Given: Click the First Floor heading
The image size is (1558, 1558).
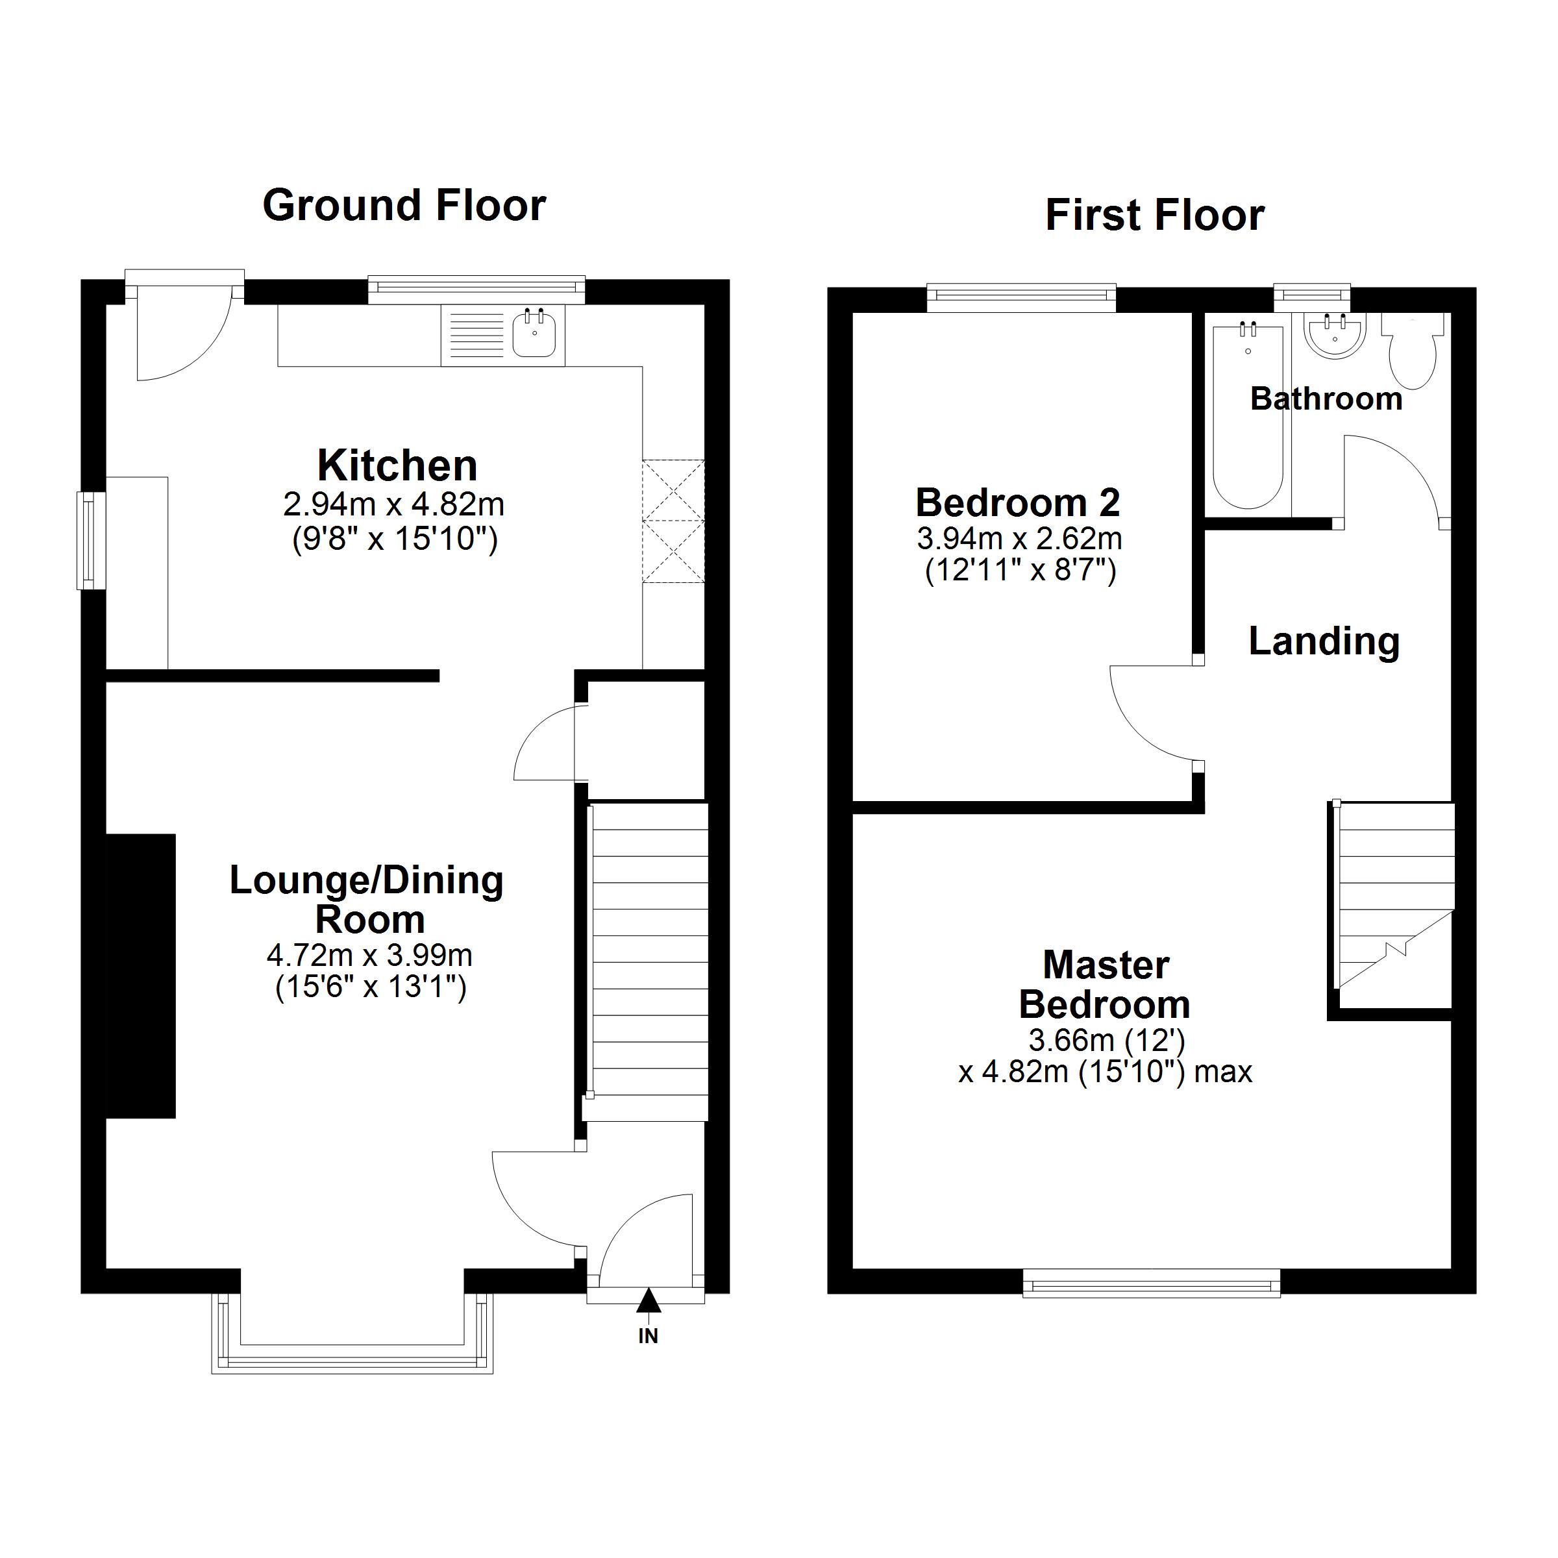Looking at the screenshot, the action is tap(1155, 216).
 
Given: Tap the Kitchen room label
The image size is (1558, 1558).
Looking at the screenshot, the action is tap(397, 465).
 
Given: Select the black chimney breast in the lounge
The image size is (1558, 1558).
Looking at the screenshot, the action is tap(141, 976).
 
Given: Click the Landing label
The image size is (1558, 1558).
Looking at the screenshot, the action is tap(1324, 642).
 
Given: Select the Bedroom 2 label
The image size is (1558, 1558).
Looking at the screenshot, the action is tap(1018, 503).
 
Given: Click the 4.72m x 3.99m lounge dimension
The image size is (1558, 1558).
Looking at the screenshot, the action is tap(369, 956).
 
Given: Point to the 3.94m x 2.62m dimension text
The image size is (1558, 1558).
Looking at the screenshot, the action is tap(1019, 538).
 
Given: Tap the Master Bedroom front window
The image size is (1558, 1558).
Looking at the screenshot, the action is tap(1152, 1283).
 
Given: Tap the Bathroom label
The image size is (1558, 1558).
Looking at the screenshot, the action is tap(1326, 399).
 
